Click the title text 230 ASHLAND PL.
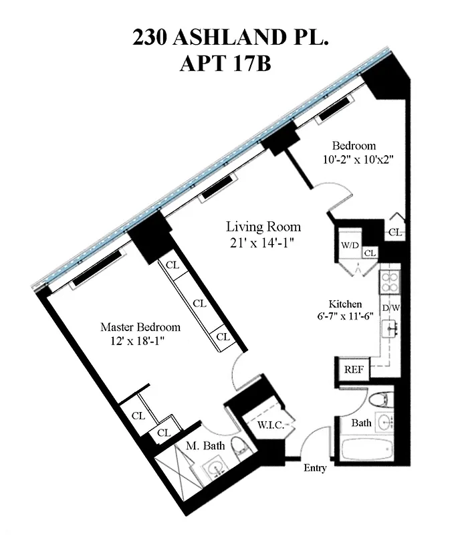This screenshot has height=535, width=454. [231, 39]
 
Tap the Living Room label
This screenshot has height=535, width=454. [263, 227]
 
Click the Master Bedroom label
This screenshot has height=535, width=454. [140, 327]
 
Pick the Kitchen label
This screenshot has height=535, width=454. [345, 303]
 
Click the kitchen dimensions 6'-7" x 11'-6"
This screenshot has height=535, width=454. [345, 316]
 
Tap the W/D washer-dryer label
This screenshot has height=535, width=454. [350, 245]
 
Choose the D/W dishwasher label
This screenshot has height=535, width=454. [390, 308]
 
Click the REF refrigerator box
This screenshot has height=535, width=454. [352, 369]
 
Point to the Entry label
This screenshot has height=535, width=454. [315, 468]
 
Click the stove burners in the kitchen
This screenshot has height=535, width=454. [389, 282]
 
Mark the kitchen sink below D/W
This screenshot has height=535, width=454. [390, 329]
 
